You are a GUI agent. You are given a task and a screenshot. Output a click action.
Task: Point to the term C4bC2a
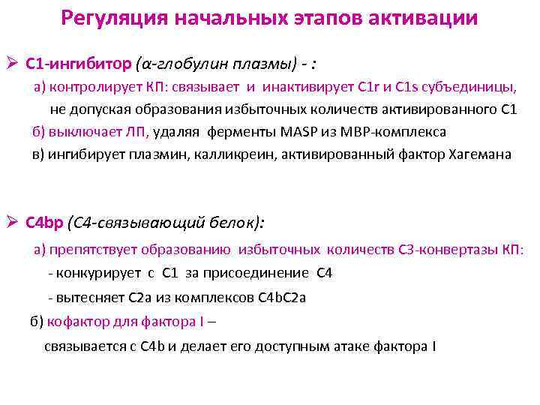point(281,297)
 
